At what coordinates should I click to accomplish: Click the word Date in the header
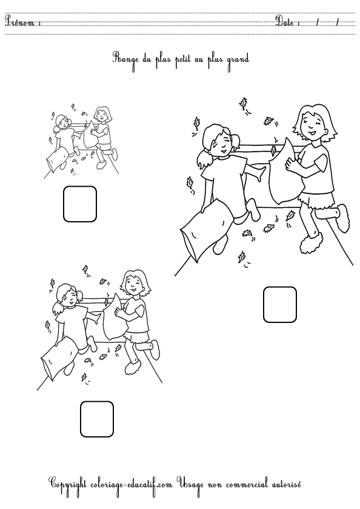click(x=285, y=21)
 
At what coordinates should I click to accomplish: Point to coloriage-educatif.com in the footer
click(x=132, y=485)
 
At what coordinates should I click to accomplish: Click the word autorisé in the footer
click(x=284, y=484)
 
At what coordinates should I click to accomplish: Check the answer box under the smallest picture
click(x=80, y=204)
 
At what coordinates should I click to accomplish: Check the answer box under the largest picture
click(x=280, y=304)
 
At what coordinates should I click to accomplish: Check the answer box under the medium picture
click(x=97, y=419)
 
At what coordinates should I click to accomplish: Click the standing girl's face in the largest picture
click(x=313, y=125)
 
